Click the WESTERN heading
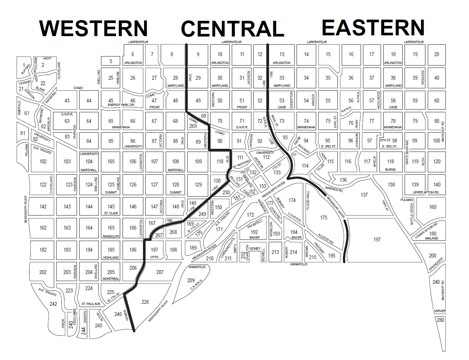tap(94, 28)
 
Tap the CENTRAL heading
tap(233, 29)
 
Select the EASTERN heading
tap(373, 27)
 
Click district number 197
tap(377, 239)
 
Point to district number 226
tap(145, 302)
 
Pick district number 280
tap(440, 320)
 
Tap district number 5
tap(111, 61)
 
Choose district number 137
tap(364, 195)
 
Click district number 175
tap(324, 217)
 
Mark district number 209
tap(191, 280)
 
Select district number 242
tap(53, 304)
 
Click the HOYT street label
tap(47, 58)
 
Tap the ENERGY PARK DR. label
tap(121, 105)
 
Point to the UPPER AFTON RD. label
tap(427, 192)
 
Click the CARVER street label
tap(440, 311)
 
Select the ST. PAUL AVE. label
tap(91, 304)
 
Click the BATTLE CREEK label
tap(412, 214)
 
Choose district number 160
tap(432, 207)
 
